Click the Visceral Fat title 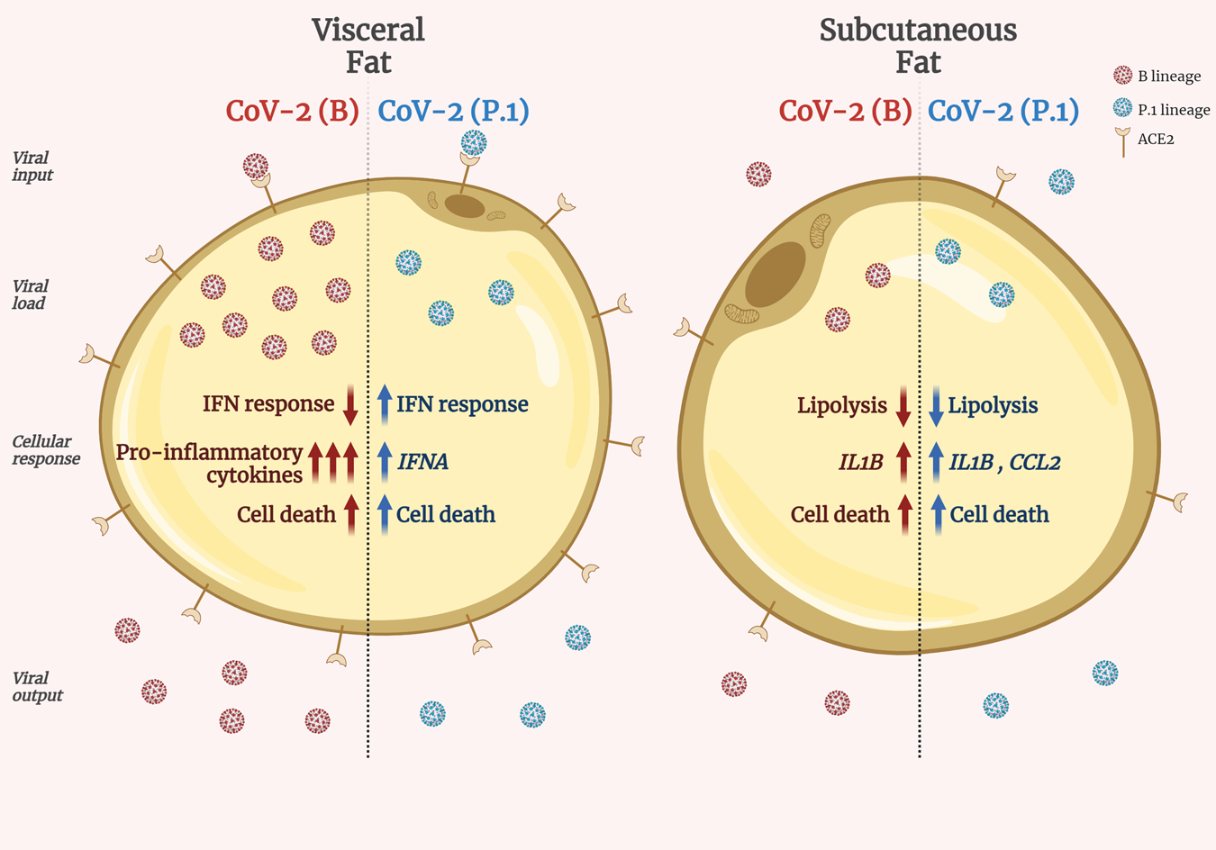click(368, 45)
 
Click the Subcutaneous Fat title click(918, 45)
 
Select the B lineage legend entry click(1168, 77)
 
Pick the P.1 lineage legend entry click(1173, 110)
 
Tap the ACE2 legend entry click(1155, 140)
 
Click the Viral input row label click(32, 167)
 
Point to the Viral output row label click(38, 686)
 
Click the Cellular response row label click(46, 450)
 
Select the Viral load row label click(30, 294)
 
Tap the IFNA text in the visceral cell click(422, 462)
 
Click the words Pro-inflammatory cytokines click(210, 463)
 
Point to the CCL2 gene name click(1034, 462)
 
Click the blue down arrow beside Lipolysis click(936, 406)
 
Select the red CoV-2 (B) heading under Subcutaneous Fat click(845, 111)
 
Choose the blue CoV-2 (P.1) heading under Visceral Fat click(453, 111)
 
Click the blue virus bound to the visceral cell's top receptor click(474, 142)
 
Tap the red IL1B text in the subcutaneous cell click(860, 462)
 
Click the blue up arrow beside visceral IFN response click(385, 404)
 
